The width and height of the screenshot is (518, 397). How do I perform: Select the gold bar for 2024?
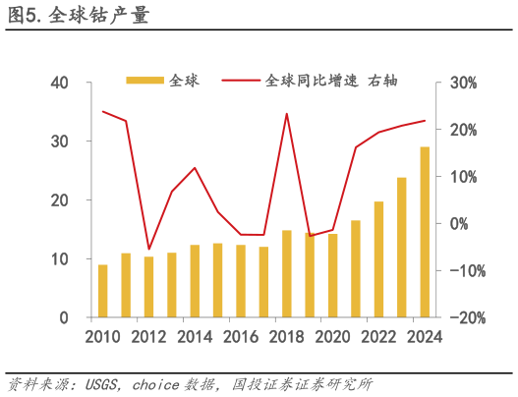click(425, 233)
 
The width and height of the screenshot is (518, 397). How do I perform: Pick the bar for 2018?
click(287, 274)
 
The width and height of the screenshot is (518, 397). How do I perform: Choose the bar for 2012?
click(149, 287)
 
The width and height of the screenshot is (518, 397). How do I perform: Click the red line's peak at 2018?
click(287, 114)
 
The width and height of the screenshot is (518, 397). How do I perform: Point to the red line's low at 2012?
click(148, 249)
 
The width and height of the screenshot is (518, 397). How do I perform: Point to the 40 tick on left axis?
click(58, 83)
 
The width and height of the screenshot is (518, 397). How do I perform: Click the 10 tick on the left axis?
click(58, 259)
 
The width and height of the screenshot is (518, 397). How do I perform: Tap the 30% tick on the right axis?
click(463, 83)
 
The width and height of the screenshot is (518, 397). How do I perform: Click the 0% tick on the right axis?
click(460, 224)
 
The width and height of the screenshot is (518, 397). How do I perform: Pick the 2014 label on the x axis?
click(195, 337)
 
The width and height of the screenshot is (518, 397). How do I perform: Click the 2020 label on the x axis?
click(332, 337)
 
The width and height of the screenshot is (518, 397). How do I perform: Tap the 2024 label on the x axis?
click(424, 337)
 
